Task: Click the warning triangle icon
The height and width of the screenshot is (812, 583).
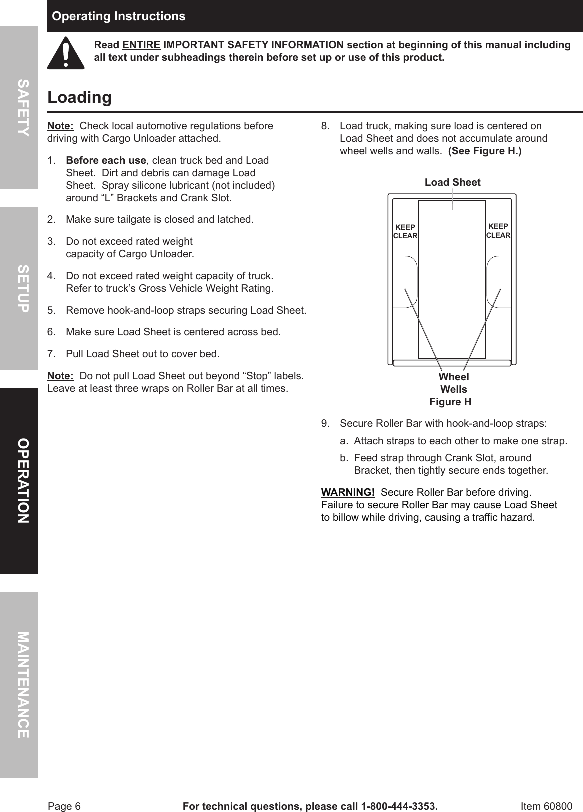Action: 66,53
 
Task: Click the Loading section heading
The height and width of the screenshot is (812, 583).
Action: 79,97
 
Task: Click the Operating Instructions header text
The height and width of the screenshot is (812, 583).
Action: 119,16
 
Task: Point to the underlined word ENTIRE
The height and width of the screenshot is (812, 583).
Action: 141,45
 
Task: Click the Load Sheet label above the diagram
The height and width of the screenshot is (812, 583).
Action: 452,183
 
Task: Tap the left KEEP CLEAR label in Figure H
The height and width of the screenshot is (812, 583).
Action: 405,231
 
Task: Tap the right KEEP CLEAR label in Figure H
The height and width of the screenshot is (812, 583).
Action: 498,231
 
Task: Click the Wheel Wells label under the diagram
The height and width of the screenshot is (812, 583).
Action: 454,383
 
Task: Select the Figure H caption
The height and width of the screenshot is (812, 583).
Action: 450,402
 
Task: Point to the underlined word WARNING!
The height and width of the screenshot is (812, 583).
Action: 348,492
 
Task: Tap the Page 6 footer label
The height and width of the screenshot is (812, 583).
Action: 64,806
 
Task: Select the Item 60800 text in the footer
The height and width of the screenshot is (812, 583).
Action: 546,806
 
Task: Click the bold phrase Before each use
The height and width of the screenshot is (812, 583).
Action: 106,161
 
